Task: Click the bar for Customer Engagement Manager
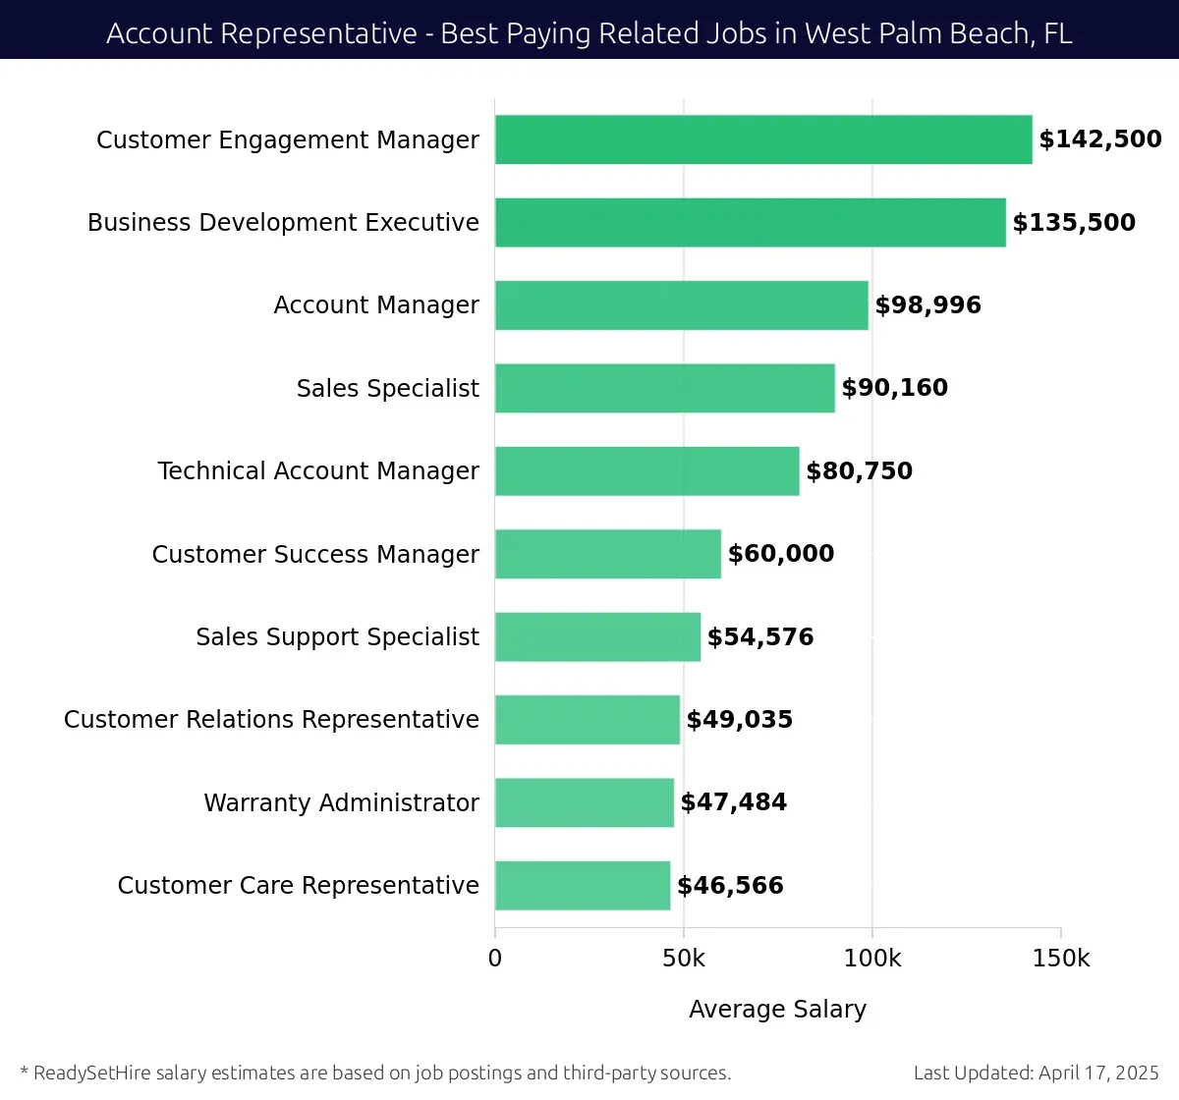coord(763,139)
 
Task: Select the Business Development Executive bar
coord(751,222)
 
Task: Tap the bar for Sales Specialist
coord(665,388)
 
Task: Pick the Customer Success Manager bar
coord(608,554)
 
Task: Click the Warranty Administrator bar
coord(585,802)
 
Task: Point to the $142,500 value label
coord(1100,139)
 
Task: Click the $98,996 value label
coord(927,305)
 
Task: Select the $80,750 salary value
coord(859,471)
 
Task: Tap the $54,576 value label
coord(760,637)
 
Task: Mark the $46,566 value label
coord(730,886)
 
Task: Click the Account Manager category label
coord(376,305)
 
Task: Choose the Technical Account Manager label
coord(318,471)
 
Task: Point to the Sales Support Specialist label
coord(337,637)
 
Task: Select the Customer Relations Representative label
coord(271,720)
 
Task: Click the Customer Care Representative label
coord(298,886)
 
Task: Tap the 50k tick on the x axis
coord(684,959)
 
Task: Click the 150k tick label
coord(1061,959)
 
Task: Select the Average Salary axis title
coord(777,1010)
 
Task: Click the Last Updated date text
coord(1036,1072)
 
